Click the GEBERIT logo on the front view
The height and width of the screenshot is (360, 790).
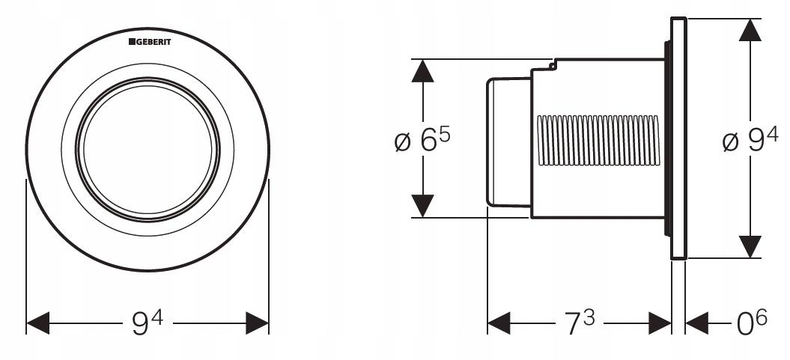(150, 42)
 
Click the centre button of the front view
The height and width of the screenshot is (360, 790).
(148, 150)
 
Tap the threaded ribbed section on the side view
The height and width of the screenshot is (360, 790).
(598, 141)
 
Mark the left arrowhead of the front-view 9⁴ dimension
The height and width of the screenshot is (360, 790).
(37, 323)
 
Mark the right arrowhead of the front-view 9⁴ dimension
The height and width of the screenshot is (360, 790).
(257, 323)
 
